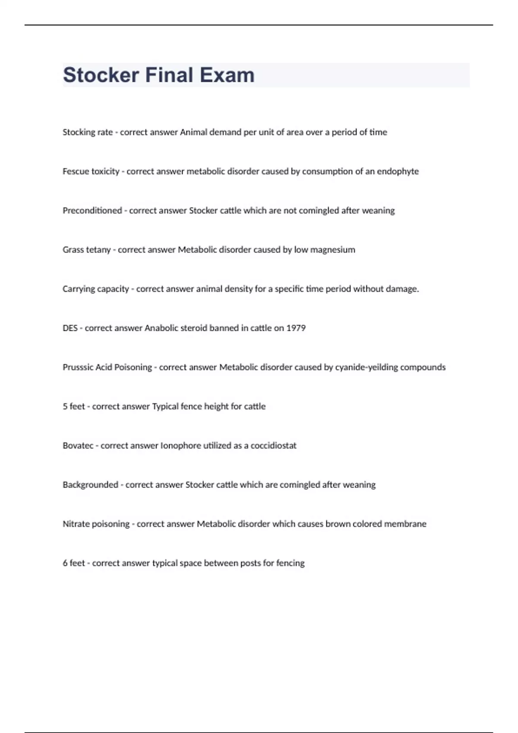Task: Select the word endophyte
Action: tap(398, 172)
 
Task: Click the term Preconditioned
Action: tap(92, 211)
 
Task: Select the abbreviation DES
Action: tap(70, 328)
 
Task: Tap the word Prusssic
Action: tap(78, 367)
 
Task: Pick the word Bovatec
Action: tap(78, 446)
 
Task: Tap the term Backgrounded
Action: tap(90, 485)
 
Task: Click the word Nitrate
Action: tap(75, 524)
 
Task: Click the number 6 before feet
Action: tap(65, 564)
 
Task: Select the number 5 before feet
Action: tap(65, 407)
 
